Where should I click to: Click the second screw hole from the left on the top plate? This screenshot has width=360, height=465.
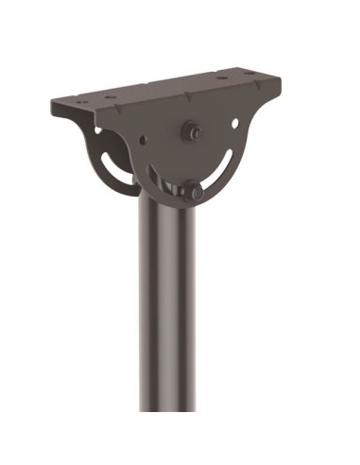(111, 96)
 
